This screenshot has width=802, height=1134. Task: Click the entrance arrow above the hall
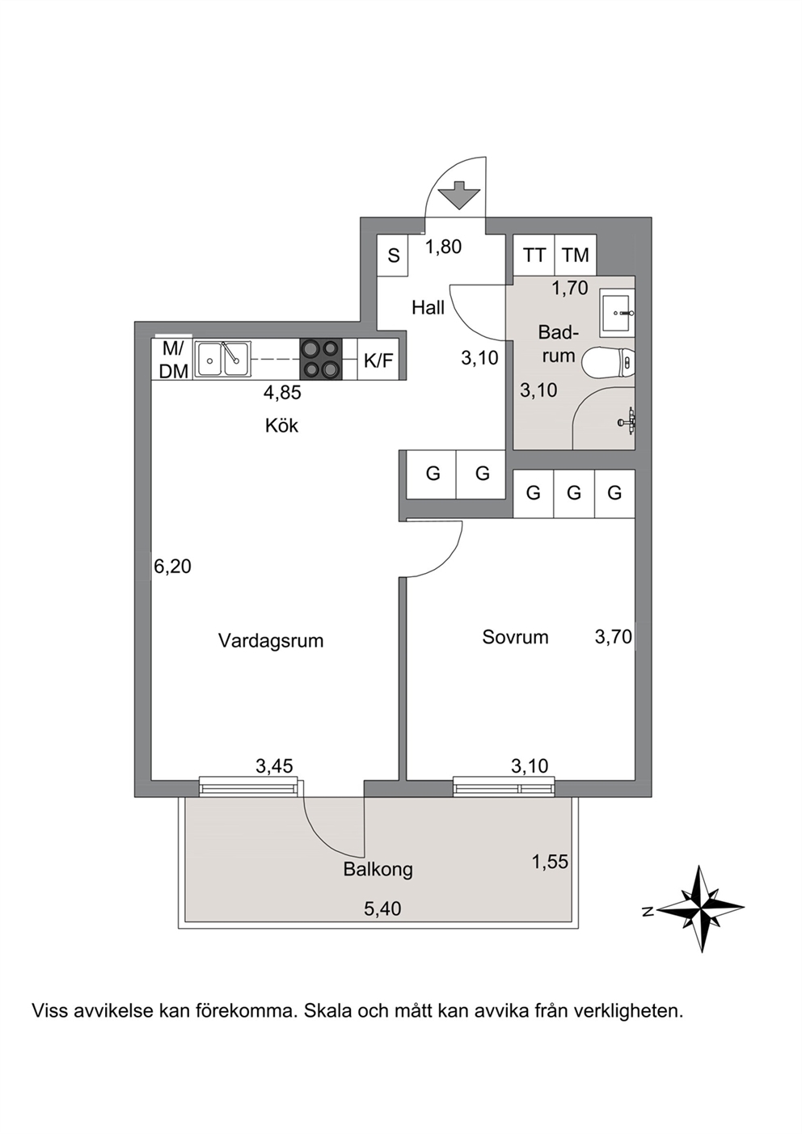[x=458, y=195]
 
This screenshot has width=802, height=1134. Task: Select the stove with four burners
[x=320, y=358]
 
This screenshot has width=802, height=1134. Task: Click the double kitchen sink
[x=223, y=358]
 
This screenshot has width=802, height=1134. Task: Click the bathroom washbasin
[x=617, y=313]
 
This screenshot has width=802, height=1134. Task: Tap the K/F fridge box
[x=378, y=359]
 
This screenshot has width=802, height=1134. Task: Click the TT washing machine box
[x=534, y=255]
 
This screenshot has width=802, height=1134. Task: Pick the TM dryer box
[x=576, y=255]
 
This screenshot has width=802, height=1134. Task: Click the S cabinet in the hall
[x=394, y=255]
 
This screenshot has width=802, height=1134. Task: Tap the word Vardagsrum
[x=271, y=641]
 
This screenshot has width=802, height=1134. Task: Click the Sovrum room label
[x=515, y=637]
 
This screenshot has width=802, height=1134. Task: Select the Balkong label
[x=378, y=870]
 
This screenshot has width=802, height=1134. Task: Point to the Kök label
[x=281, y=425]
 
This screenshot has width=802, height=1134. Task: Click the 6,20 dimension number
[x=173, y=566]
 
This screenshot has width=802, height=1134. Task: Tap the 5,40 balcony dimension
[x=382, y=908]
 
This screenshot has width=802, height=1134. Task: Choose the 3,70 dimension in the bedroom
[x=614, y=636]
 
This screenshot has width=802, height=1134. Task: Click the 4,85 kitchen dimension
[x=282, y=392]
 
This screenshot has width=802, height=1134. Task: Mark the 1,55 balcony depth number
[x=550, y=861]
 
